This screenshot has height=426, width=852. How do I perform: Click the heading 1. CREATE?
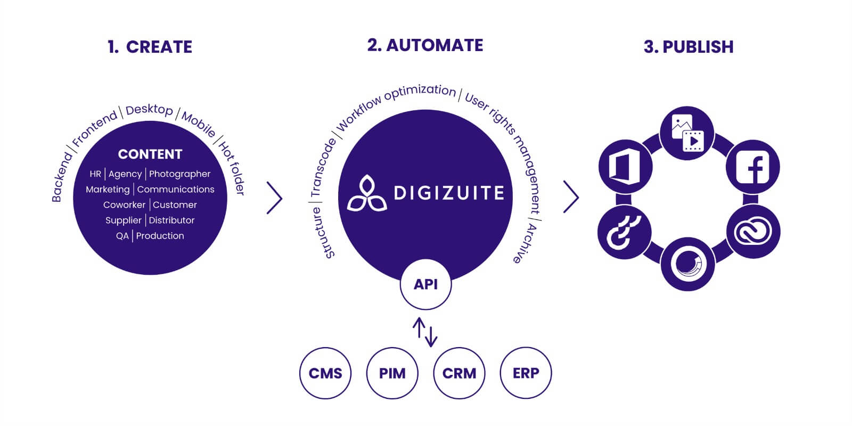(x=150, y=47)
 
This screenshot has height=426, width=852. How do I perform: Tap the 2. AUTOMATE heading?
(x=425, y=45)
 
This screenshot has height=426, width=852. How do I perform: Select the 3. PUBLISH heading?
(x=688, y=47)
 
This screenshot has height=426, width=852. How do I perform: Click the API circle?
(x=425, y=284)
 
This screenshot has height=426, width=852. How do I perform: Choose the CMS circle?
(x=325, y=373)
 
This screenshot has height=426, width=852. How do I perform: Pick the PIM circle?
(x=392, y=373)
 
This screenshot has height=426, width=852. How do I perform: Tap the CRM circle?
(x=459, y=373)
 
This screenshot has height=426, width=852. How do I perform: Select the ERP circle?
(x=526, y=373)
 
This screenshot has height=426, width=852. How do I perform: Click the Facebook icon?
(x=752, y=167)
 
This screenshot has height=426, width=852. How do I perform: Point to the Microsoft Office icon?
(x=625, y=167)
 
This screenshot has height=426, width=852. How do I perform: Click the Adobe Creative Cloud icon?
(x=753, y=232)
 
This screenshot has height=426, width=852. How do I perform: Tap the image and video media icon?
(x=687, y=133)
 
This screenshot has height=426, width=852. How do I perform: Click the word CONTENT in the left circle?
(x=150, y=154)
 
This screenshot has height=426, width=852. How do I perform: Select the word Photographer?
(x=179, y=174)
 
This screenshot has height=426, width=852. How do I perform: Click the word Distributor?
(x=171, y=220)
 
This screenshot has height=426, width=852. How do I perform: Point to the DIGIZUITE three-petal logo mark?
(x=366, y=193)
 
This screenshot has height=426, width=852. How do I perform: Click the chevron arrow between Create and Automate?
(x=274, y=198)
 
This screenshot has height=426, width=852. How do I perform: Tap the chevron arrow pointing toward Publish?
(x=571, y=197)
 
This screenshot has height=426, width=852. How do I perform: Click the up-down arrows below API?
(x=425, y=332)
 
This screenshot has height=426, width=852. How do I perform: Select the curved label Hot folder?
(x=233, y=168)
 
